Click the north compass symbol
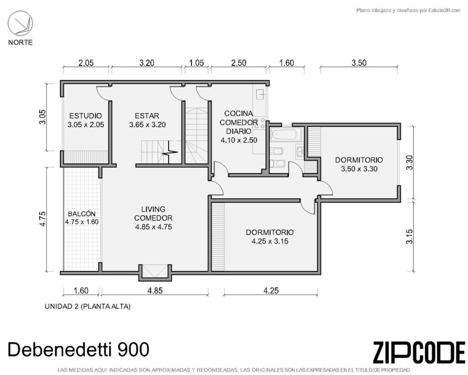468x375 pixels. coord(20,23)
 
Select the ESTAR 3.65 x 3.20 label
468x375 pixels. coord(147,120)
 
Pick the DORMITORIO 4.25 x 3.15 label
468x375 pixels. coord(270,237)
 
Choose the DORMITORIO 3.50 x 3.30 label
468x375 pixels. coord(359,164)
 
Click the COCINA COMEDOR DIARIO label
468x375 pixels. coord(239,126)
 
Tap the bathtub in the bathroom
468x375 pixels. coord(285,135)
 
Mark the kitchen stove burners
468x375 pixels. coord(260,123)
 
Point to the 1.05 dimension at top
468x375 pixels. coord(197,63)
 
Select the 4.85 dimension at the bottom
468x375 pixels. coord(155,290)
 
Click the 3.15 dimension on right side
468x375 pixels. coord(409,237)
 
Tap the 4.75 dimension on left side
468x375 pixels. coord(43,219)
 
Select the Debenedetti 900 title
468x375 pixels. coord(78,349)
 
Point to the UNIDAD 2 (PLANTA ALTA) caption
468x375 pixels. coord(88,307)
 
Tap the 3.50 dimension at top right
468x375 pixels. coord(359,63)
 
